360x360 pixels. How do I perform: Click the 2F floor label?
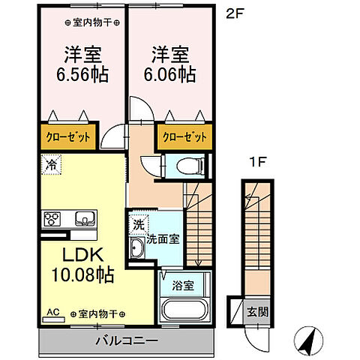click(x=233, y=13)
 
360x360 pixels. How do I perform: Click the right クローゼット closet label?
click(x=182, y=138)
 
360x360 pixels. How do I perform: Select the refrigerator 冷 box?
click(x=52, y=162)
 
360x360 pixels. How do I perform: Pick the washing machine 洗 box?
click(x=138, y=223)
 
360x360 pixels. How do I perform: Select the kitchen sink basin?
click(x=85, y=220)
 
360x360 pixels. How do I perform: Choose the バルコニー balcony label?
click(x=126, y=340)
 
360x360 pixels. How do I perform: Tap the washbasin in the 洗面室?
click(x=138, y=249)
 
